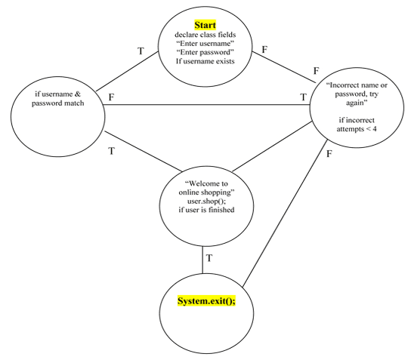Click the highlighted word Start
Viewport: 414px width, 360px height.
click(x=203, y=24)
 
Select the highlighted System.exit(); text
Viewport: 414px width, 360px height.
click(x=207, y=302)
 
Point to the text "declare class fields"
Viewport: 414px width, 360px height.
click(x=203, y=35)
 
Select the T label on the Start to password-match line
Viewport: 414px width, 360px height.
click(x=140, y=51)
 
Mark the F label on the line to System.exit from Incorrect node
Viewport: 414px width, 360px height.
click(x=328, y=155)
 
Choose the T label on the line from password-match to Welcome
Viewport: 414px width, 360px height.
click(x=111, y=151)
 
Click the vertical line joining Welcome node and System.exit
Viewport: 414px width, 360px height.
click(x=202, y=260)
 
